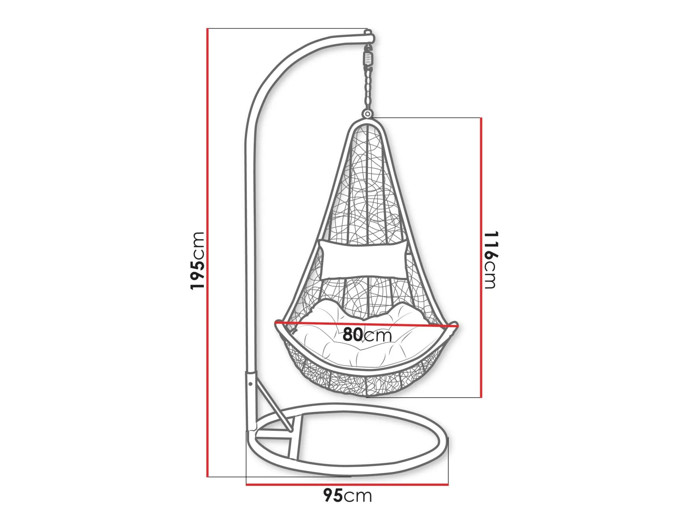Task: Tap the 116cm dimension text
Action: click(490, 260)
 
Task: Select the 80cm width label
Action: click(367, 335)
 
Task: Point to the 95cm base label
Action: click(347, 495)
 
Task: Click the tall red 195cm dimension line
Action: click(208, 253)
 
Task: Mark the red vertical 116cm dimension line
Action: click(481, 257)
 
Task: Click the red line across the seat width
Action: click(367, 324)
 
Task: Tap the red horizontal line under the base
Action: click(347, 484)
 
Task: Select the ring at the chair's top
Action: click(367, 114)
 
